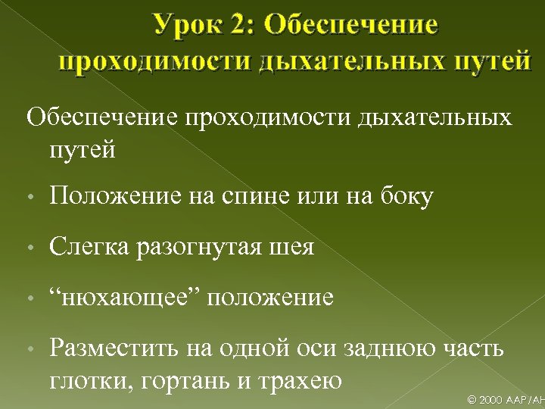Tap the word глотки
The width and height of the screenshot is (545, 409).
[x=87, y=379]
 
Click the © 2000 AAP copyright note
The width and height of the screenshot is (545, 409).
[x=506, y=399]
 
